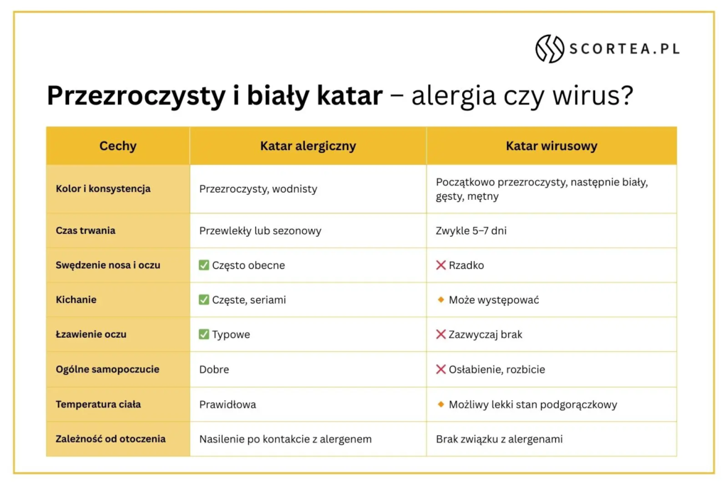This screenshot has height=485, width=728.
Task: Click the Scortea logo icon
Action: (x=550, y=48)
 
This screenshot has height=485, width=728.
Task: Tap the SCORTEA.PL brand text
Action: (x=623, y=49)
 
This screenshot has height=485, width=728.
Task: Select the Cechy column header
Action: (x=118, y=146)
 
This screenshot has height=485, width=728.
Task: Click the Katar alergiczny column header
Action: (x=308, y=146)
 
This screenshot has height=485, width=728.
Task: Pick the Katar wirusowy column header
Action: (x=551, y=146)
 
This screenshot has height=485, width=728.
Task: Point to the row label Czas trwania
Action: (x=85, y=230)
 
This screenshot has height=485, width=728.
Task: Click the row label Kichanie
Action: (x=76, y=300)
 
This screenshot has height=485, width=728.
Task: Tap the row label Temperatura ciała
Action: (x=98, y=404)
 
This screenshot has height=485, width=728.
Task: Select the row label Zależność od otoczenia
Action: (x=110, y=439)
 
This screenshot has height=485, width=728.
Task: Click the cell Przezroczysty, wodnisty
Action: (x=258, y=189)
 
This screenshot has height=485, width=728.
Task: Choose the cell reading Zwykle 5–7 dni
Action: (x=471, y=230)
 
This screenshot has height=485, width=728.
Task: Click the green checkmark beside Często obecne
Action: (x=204, y=265)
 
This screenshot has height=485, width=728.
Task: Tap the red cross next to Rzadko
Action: (x=441, y=265)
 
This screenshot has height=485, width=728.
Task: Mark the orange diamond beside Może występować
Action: (x=441, y=300)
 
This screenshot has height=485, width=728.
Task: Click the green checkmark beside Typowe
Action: (x=204, y=334)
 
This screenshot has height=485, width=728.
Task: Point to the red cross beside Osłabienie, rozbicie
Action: (x=441, y=370)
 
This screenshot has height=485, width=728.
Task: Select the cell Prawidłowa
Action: (x=227, y=405)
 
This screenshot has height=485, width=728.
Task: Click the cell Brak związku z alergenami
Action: (x=499, y=439)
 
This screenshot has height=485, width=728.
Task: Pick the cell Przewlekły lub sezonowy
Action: (x=260, y=230)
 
